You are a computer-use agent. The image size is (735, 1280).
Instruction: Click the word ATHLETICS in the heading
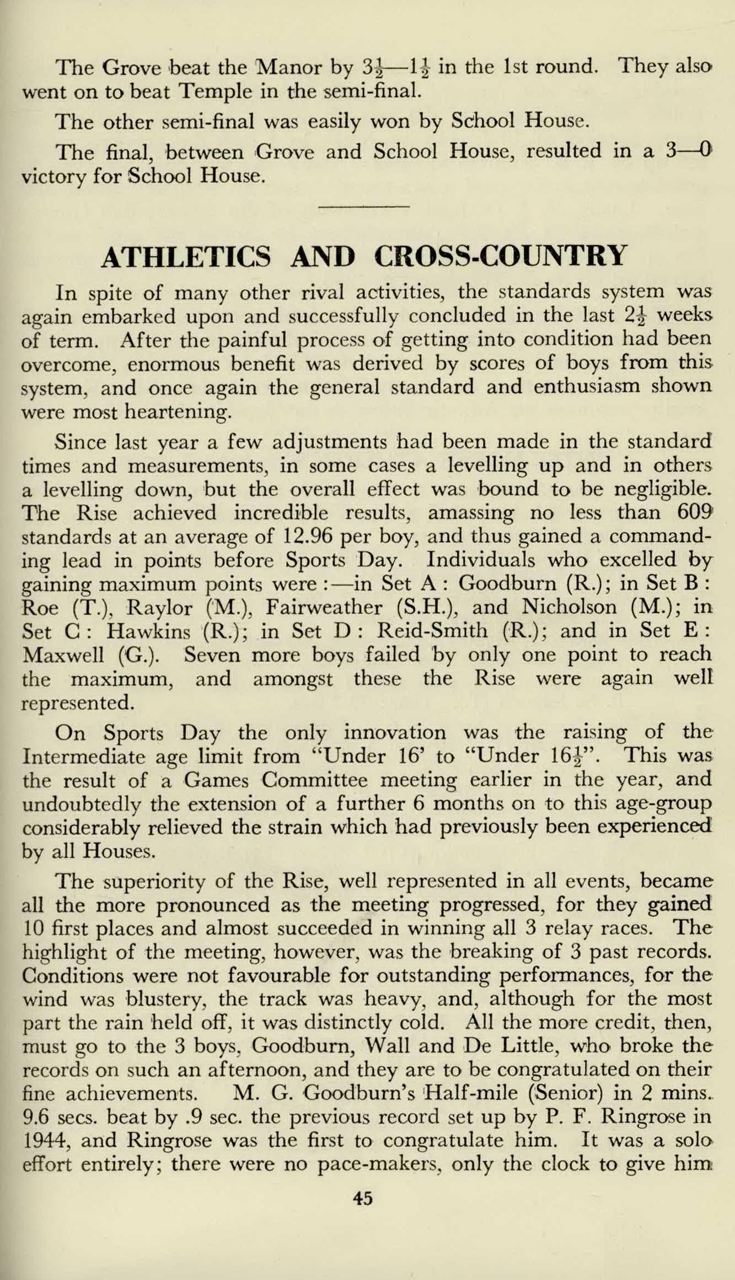coord(186,256)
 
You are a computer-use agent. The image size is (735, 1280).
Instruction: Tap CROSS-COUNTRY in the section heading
coord(501,255)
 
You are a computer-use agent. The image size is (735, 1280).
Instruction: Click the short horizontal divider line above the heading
coord(364,207)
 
